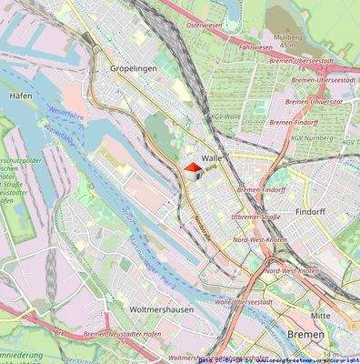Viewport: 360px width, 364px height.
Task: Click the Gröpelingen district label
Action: (x=132, y=69)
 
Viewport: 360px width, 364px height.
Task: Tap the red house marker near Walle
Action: (x=193, y=168)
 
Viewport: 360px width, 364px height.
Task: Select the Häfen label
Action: (x=21, y=94)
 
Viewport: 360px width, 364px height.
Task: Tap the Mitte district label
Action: (x=321, y=315)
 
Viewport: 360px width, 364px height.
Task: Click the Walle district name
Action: (x=213, y=157)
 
